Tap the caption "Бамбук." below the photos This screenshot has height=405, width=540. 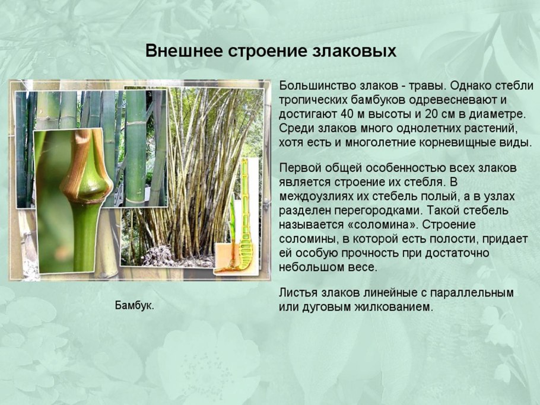pos(134,306)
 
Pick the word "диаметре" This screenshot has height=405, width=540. pos(500,113)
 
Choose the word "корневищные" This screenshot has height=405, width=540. pos(453,142)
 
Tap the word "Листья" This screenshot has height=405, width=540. pos(297,294)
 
